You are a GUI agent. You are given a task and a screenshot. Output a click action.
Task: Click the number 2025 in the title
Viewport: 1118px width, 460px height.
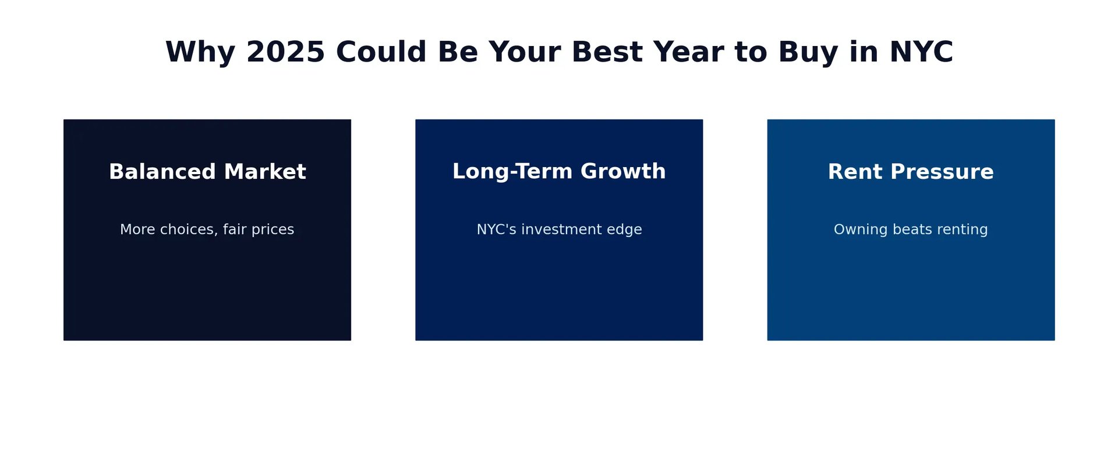coord(285,52)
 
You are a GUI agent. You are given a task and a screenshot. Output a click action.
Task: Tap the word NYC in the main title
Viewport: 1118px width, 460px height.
coord(921,52)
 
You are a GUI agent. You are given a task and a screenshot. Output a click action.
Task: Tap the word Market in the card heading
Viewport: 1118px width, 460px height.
coord(265,172)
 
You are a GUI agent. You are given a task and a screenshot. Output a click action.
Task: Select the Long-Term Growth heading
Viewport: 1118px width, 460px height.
coord(559,172)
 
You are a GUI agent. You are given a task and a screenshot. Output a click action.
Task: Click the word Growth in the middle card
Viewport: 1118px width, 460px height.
coord(623,171)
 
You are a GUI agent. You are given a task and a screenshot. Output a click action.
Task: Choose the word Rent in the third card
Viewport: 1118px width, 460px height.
coord(855,172)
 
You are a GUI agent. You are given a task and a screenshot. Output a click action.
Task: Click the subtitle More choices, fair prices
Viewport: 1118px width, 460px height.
coord(207,229)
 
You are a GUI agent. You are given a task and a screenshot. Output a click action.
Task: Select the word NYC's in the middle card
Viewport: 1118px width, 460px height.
coord(497,229)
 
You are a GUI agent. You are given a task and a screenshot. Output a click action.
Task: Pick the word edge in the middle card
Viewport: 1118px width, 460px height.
coord(628,230)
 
